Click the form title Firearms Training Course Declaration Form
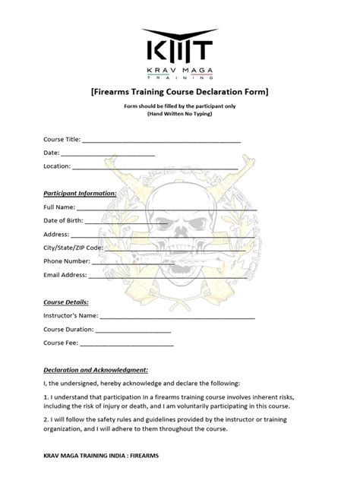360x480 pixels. pyautogui.click(x=179, y=91)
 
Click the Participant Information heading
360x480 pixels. pyautogui.click(x=79, y=193)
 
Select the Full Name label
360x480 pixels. pyautogui.click(x=59, y=207)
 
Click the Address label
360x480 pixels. pyautogui.click(x=57, y=234)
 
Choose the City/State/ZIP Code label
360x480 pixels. pyautogui.click(x=73, y=248)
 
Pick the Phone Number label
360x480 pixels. pyautogui.click(x=67, y=261)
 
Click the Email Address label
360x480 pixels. pyautogui.click(x=65, y=275)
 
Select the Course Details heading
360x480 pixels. pyautogui.click(x=66, y=302)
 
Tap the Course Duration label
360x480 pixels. pyautogui.click(x=69, y=330)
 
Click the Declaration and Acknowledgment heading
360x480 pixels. pyautogui.click(x=95, y=369)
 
